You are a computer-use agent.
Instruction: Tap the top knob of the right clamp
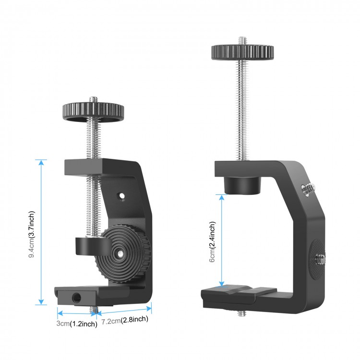(x=242, y=50)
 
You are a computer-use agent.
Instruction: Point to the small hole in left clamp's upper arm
(x=121, y=196)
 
